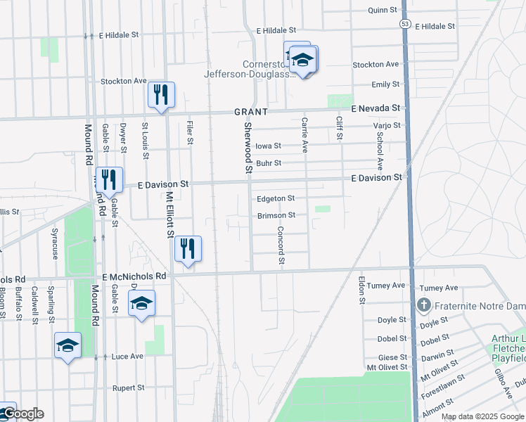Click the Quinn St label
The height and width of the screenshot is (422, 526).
pyautogui.click(x=383, y=10)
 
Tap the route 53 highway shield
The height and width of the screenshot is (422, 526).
pyautogui.click(x=405, y=24)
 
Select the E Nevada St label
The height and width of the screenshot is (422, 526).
pyautogui.click(x=376, y=108)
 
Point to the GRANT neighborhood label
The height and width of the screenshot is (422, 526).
pyautogui.click(x=251, y=112)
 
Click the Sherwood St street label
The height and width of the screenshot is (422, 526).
pyautogui.click(x=248, y=146)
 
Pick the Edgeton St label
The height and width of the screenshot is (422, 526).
pyautogui.click(x=276, y=199)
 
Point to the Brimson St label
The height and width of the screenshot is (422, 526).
pyautogui.click(x=276, y=215)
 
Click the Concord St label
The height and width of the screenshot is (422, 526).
pyautogui.click(x=281, y=245)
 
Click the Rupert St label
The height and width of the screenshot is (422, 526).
pyautogui.click(x=129, y=388)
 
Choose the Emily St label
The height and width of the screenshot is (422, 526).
pyautogui.click(x=385, y=84)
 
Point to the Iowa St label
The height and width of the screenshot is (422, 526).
pyautogui.click(x=268, y=146)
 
